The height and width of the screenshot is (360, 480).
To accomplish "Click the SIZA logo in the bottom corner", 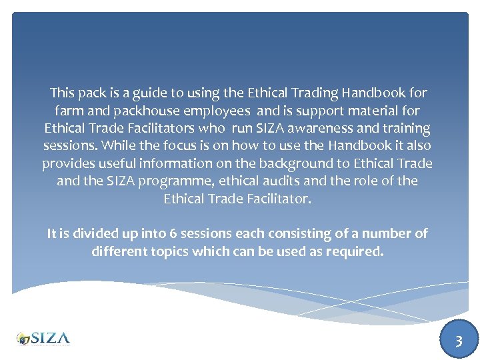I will (43, 338).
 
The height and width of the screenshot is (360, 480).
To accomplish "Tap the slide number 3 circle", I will (458, 341).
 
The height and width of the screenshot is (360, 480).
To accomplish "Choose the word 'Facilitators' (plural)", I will (154, 127).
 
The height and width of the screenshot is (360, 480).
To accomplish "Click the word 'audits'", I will (289, 181).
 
